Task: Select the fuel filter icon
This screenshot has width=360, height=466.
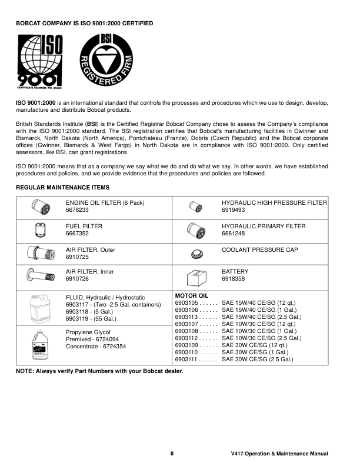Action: pyautogui.click(x=40, y=229)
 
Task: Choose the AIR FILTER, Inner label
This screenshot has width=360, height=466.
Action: pyautogui.click(x=90, y=273)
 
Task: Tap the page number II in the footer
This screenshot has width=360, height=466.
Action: pyautogui.click(x=172, y=454)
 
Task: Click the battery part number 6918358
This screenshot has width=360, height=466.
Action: pyautogui.click(x=234, y=281)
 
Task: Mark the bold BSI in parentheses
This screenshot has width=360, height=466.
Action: pyautogui.click(x=92, y=124)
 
